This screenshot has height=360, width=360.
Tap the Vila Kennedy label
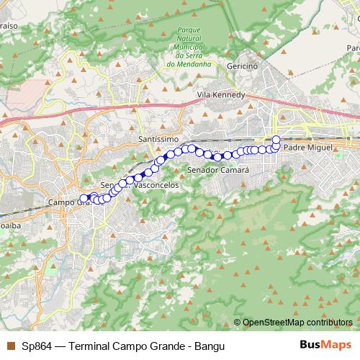point(221,95)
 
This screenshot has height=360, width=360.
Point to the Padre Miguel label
point(308,147)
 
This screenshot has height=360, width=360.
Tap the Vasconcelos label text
point(157,185)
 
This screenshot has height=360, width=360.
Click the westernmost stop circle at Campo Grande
point(84,198)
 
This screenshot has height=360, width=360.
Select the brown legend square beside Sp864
point(10,346)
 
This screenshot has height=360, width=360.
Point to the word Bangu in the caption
point(210,346)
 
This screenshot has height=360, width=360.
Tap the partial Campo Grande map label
point(65,203)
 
